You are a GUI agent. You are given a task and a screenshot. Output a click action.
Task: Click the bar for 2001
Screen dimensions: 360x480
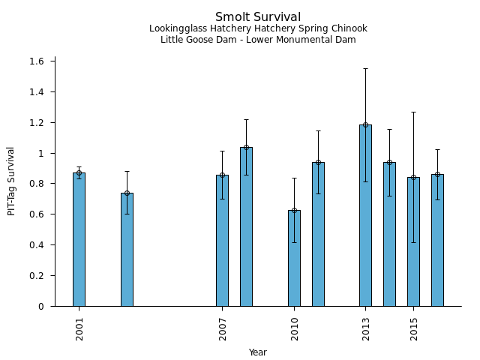point(79,239)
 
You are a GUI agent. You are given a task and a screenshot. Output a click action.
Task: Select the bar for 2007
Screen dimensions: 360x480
point(222,241)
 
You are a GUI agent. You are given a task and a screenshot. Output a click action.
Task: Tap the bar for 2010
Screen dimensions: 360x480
point(294,258)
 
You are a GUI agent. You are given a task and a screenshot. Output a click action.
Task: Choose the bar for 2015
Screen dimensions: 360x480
point(413,241)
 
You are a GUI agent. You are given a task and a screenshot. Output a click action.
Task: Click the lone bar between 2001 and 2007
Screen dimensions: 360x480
point(127,250)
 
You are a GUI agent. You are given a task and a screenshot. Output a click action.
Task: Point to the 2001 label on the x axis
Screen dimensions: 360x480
point(79,328)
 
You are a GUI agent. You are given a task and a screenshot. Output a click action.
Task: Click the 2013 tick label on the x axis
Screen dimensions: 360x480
point(366,328)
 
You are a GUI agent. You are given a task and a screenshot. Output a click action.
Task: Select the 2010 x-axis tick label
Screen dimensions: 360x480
point(295,328)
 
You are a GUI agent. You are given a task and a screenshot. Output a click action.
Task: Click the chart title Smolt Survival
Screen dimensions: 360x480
point(258,17)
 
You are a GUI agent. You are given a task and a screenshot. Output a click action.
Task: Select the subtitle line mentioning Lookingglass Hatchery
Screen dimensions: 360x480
point(258,29)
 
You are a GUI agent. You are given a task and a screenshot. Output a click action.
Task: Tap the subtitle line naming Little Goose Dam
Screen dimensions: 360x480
point(258,40)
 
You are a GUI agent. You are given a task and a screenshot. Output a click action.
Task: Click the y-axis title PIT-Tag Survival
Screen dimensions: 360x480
point(11,181)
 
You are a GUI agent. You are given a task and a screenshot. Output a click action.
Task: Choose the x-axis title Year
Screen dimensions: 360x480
point(258,352)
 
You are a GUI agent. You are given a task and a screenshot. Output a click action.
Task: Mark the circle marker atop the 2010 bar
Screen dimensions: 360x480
point(294,211)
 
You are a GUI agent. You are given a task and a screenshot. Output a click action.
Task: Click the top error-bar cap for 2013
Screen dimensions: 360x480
point(365,69)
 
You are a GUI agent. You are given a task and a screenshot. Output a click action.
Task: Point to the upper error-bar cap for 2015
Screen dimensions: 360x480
point(413,112)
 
